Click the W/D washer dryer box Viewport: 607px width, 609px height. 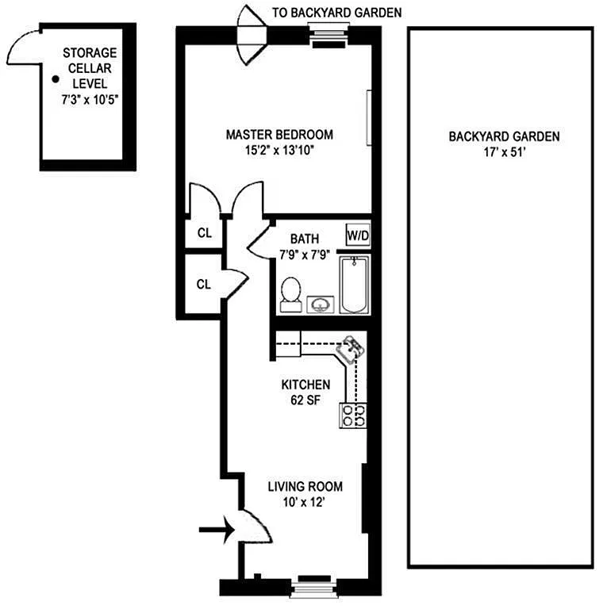(x=358, y=235)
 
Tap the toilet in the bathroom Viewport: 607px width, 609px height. (x=291, y=294)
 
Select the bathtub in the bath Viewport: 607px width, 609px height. (x=355, y=285)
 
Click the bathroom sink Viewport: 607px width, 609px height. (x=321, y=304)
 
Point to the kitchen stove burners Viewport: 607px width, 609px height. (x=353, y=416)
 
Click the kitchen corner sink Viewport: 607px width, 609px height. (x=351, y=349)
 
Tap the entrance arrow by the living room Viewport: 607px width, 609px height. (x=217, y=530)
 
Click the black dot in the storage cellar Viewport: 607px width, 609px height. (x=56, y=79)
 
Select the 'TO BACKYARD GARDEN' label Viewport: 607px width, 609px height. (x=336, y=13)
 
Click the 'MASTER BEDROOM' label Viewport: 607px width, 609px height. (x=279, y=135)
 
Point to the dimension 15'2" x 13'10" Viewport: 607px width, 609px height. (x=279, y=150)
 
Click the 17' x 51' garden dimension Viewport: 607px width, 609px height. (x=505, y=152)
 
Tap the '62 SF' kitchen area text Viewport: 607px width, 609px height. (x=305, y=400)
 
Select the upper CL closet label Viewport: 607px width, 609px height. (x=205, y=233)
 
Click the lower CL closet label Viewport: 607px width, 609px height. (x=204, y=285)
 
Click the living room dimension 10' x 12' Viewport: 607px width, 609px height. (x=304, y=502)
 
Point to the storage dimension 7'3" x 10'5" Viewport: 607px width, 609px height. (x=90, y=100)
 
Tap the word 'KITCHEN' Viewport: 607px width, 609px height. (x=305, y=385)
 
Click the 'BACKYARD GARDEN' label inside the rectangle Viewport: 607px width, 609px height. (x=505, y=136)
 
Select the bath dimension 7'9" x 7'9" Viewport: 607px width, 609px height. (x=305, y=255)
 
